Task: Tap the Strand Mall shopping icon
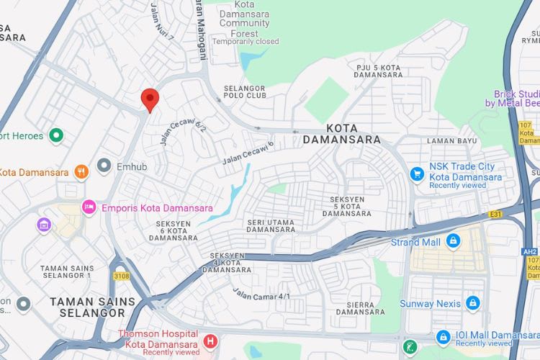[x=453, y=241]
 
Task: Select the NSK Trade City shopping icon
[x=417, y=173]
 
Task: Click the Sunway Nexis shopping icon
[x=473, y=302]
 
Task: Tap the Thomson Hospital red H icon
[x=210, y=341]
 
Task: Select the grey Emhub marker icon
[x=104, y=166]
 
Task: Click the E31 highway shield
[x=495, y=214]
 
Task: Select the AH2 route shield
[x=531, y=251]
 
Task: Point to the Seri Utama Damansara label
[x=270, y=226]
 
